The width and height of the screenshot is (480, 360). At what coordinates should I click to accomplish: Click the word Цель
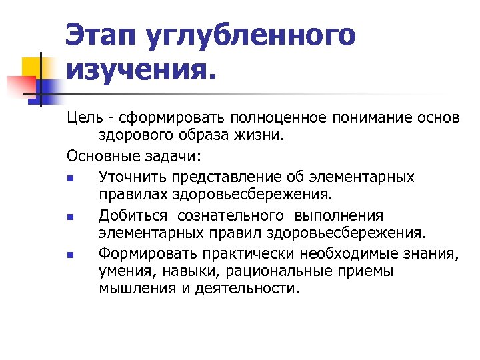click(85, 117)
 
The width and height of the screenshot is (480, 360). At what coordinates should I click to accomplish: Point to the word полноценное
click(297, 118)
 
